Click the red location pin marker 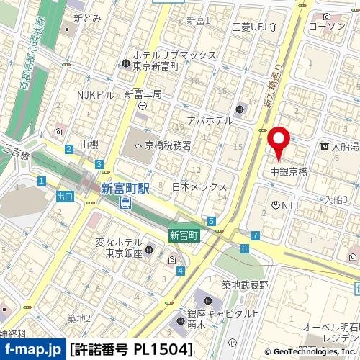tap(278, 140)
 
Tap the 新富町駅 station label tap(125, 189)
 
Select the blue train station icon tap(125, 204)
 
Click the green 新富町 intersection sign tap(184, 235)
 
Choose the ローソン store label tap(326, 27)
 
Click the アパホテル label tap(209, 120)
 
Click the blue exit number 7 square tap(256, 235)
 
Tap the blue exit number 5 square tap(211, 220)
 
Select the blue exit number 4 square tap(180, 271)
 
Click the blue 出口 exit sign tap(65, 196)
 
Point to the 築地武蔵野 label tap(244, 285)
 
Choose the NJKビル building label tap(95, 95)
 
